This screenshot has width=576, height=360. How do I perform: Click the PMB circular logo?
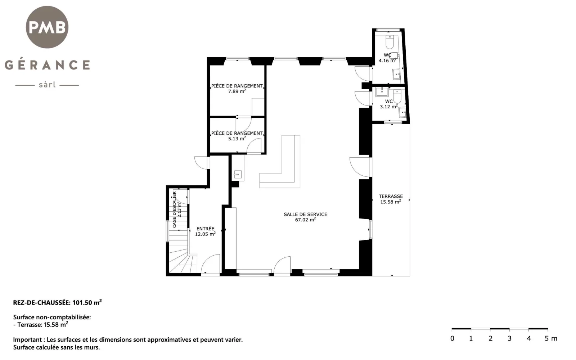tap(47, 27)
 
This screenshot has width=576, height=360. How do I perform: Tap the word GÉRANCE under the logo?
tap(47, 64)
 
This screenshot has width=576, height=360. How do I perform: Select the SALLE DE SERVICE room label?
tap(306, 214)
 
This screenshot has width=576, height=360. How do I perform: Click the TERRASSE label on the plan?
tap(391, 196)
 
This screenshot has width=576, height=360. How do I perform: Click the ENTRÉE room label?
tap(205, 229)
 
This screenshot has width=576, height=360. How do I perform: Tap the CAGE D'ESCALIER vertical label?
tap(174, 210)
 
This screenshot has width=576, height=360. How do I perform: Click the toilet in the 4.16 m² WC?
tap(390, 42)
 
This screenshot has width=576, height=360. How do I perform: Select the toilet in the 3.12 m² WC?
tap(397, 96)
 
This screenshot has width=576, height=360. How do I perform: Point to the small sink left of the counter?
tap(238, 175)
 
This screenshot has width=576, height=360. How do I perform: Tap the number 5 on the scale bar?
tap(547, 338)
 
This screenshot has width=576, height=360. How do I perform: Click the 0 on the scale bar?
tap(452, 338)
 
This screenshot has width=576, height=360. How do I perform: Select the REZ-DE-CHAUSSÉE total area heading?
tap(57, 302)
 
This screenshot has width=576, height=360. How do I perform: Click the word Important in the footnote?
tap(24, 340)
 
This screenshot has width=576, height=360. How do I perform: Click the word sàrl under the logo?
tap(47, 85)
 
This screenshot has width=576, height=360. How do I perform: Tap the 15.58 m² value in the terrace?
tap(391, 202)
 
